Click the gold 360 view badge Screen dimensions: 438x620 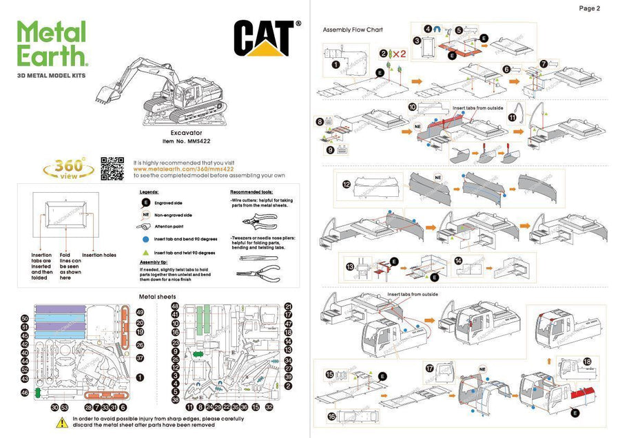[65, 169]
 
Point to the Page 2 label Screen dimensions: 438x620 [589, 9]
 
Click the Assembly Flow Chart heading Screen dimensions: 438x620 [352, 30]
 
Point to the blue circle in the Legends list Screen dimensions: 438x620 [146, 240]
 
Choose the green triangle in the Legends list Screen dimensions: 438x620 [146, 253]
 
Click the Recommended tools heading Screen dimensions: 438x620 [251, 192]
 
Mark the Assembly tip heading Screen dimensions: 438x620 [155, 262]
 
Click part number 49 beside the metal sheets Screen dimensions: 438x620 [140, 312]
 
